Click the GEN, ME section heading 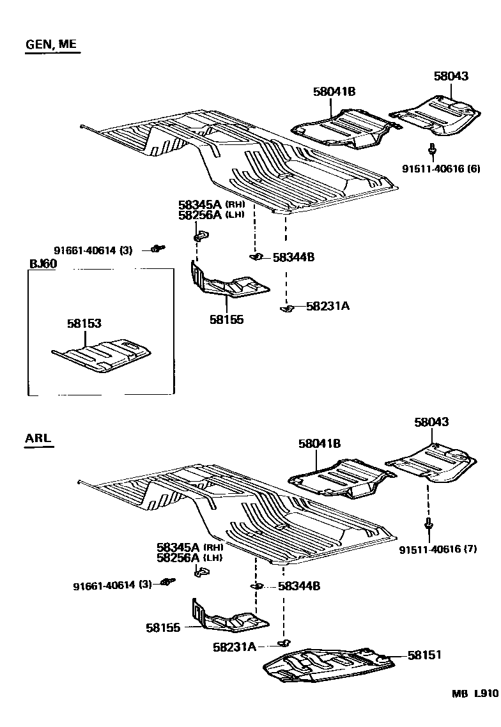(x=52, y=45)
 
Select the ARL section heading (x=38, y=438)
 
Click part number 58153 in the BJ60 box (x=84, y=324)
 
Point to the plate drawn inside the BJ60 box (x=102, y=355)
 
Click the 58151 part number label (x=424, y=655)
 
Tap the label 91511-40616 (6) (x=441, y=169)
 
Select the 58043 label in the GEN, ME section (x=451, y=77)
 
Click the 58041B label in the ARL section (x=319, y=443)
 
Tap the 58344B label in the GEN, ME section (x=293, y=257)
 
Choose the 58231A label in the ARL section (x=234, y=647)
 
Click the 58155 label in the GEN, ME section (x=226, y=319)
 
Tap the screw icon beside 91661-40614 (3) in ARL (x=168, y=582)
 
